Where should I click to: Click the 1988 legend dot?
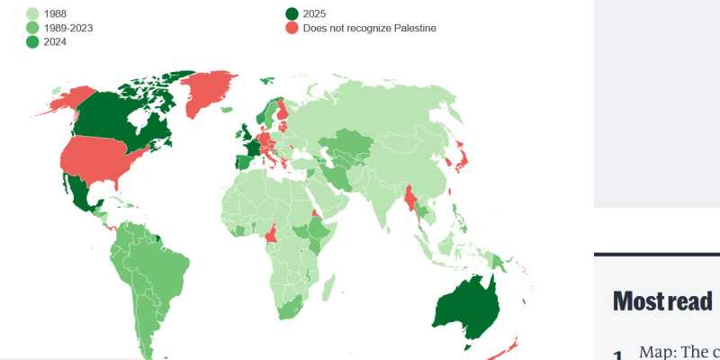coord(33,13)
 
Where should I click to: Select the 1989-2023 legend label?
coord(67,28)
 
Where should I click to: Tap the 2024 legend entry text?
coord(56,42)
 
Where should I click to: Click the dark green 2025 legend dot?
coord(292,13)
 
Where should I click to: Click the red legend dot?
coord(292,28)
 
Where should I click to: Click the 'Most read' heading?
coord(661,301)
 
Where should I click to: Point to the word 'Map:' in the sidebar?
coord(662,352)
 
